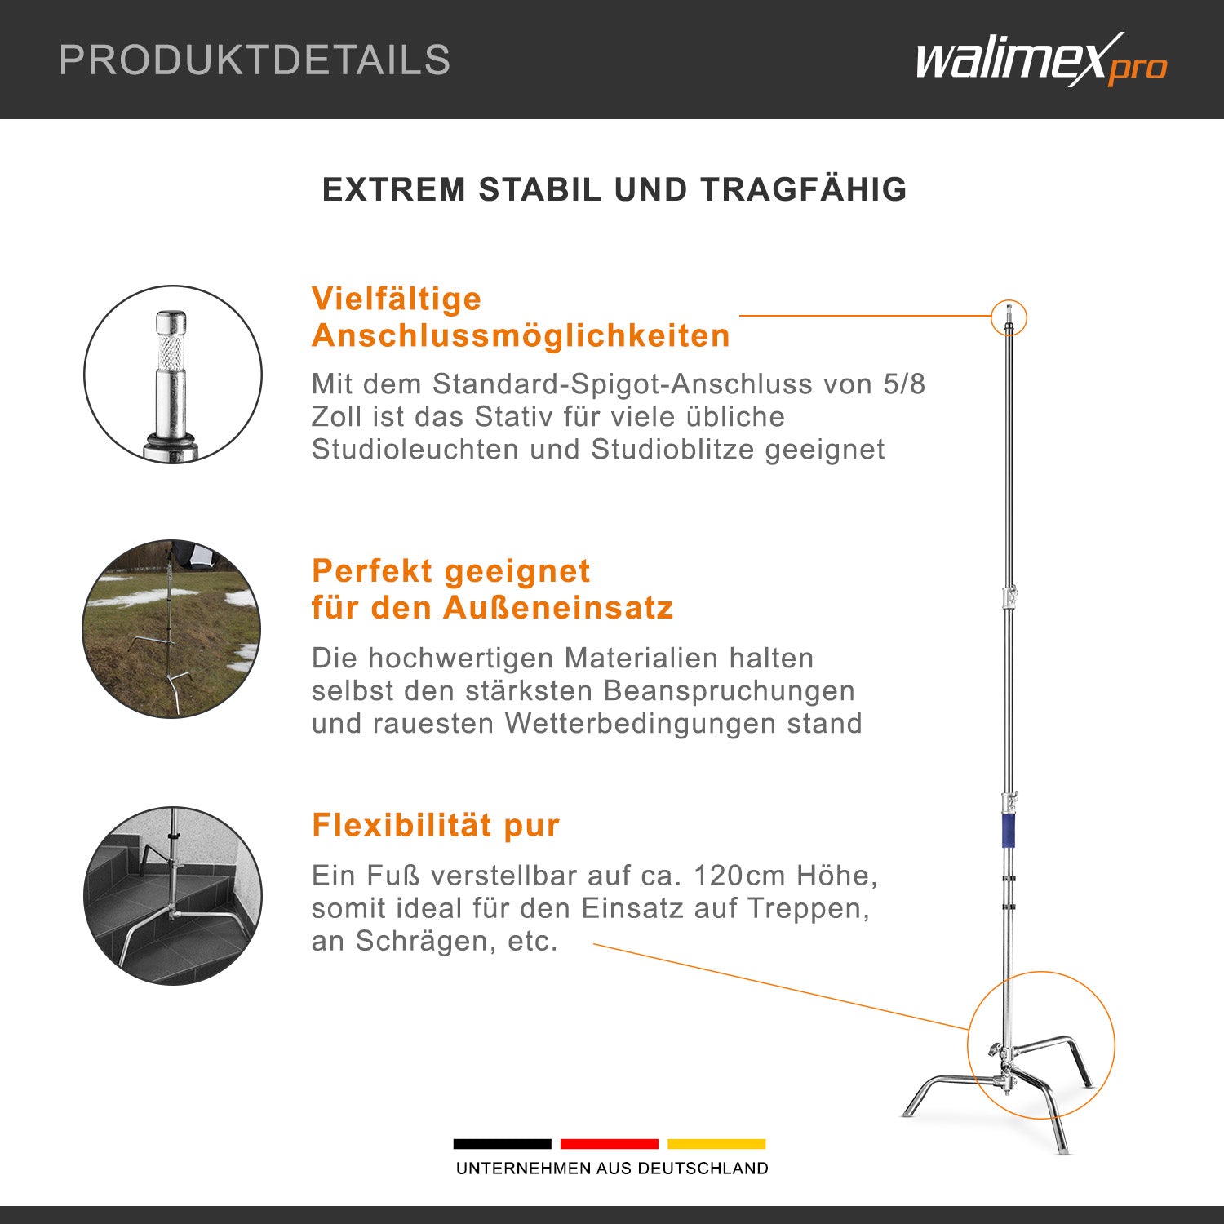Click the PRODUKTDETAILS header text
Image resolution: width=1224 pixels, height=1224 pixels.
255,60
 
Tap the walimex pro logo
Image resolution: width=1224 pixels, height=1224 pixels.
1041,60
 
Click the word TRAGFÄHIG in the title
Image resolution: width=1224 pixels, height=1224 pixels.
804,189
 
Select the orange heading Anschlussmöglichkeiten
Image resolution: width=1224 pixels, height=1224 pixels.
521,336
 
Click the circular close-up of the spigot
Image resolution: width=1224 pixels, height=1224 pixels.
173,375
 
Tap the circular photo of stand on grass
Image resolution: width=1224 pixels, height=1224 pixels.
171,628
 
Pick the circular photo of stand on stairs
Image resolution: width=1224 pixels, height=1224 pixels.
173,896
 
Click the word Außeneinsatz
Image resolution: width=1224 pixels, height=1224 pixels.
558,608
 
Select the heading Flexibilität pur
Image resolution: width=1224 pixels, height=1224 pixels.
436,826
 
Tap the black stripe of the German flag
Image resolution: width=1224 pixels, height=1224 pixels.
502,1144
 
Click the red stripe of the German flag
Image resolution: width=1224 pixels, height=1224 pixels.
610,1144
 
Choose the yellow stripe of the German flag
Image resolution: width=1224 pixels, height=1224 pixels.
716,1144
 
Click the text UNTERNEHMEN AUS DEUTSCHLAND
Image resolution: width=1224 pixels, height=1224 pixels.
612,1169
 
